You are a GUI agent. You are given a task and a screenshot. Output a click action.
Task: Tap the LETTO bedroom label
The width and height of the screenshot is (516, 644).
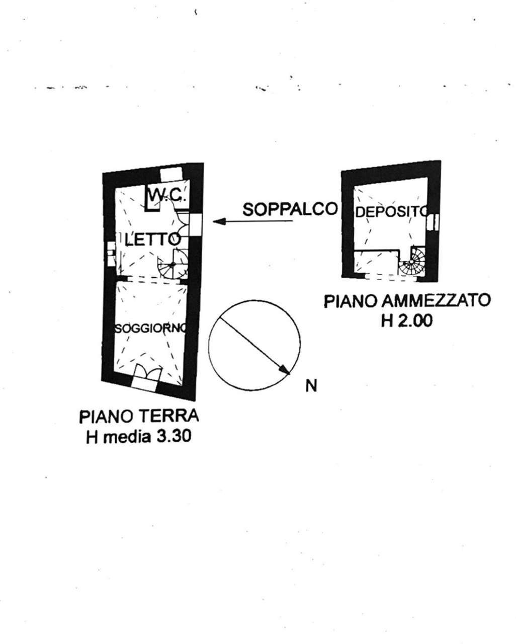pos(151,239)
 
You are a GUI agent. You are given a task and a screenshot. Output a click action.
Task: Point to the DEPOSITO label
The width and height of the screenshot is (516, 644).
pos(391,212)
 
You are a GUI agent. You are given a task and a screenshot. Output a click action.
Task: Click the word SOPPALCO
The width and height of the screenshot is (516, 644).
pos(290,209)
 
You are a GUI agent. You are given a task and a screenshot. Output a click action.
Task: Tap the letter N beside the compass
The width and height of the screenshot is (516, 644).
pos(311,386)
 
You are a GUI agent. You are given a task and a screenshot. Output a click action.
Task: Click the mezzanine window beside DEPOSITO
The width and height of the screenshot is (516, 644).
pos(435,221)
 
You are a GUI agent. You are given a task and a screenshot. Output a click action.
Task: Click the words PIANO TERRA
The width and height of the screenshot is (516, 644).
pos(138,417)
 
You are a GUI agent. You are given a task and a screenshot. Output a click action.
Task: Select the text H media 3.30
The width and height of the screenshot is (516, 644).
pos(138,436)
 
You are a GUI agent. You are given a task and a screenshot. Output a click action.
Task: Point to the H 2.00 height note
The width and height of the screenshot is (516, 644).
pos(406,320)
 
